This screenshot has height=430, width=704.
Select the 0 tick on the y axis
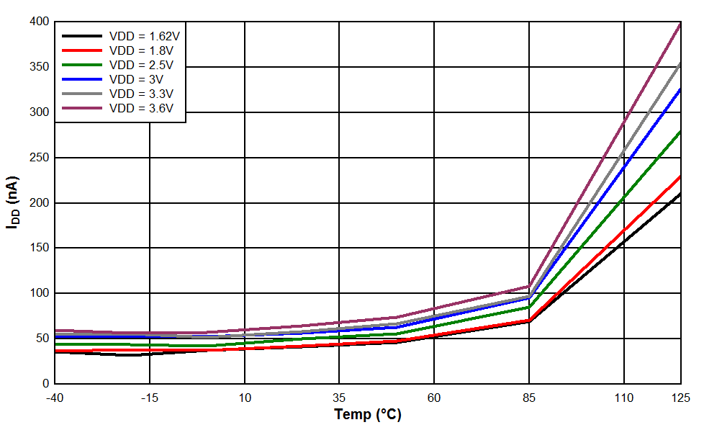[45, 384]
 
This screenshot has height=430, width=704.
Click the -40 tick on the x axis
[55, 398]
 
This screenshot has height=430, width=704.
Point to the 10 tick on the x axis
[245, 398]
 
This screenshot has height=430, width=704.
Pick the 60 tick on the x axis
[434, 398]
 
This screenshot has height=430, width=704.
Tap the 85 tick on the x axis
[529, 398]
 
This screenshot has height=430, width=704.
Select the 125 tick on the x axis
[680, 398]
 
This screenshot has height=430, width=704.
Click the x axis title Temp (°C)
[368, 415]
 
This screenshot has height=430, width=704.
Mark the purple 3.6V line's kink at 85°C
[529, 287]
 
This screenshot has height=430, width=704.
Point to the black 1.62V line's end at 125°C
[680, 194]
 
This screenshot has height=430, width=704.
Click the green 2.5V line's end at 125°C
[680, 132]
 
